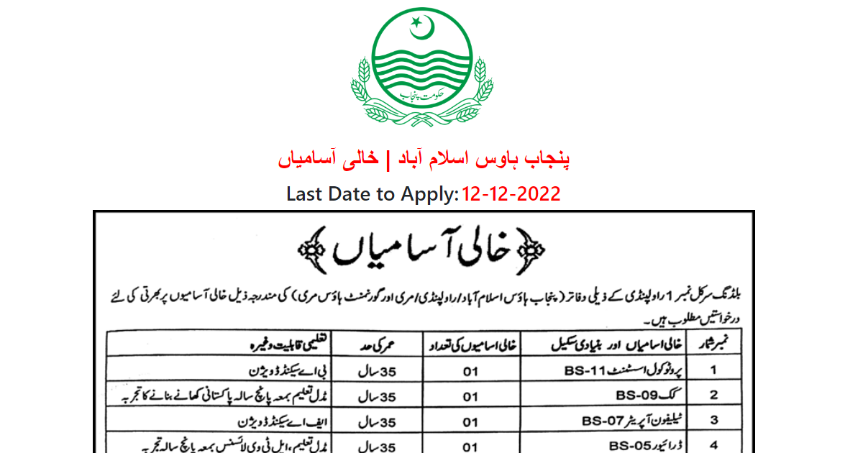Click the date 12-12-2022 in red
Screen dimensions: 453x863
click(511, 193)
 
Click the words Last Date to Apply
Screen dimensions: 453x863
click(372, 193)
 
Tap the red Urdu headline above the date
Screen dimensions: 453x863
click(424, 159)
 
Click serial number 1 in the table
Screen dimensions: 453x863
click(713, 372)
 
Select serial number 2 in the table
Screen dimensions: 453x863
click(713, 395)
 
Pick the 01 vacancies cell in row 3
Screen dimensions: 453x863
click(470, 421)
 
